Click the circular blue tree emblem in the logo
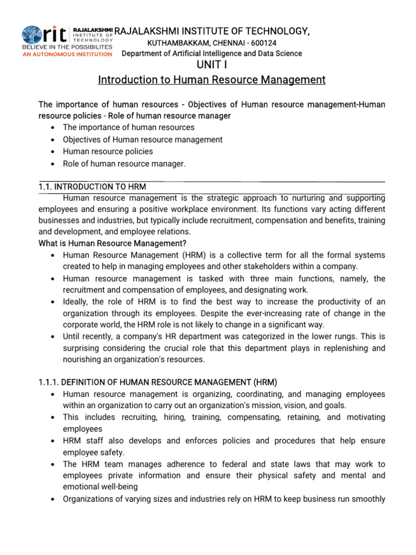tap(32, 35)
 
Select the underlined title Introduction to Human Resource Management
tap(211, 80)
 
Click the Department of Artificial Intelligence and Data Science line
tap(212, 53)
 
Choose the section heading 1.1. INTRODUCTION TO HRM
tap(92, 186)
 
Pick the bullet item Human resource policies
tap(108, 151)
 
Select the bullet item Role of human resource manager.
tap(124, 163)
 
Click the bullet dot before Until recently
tap(51, 337)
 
